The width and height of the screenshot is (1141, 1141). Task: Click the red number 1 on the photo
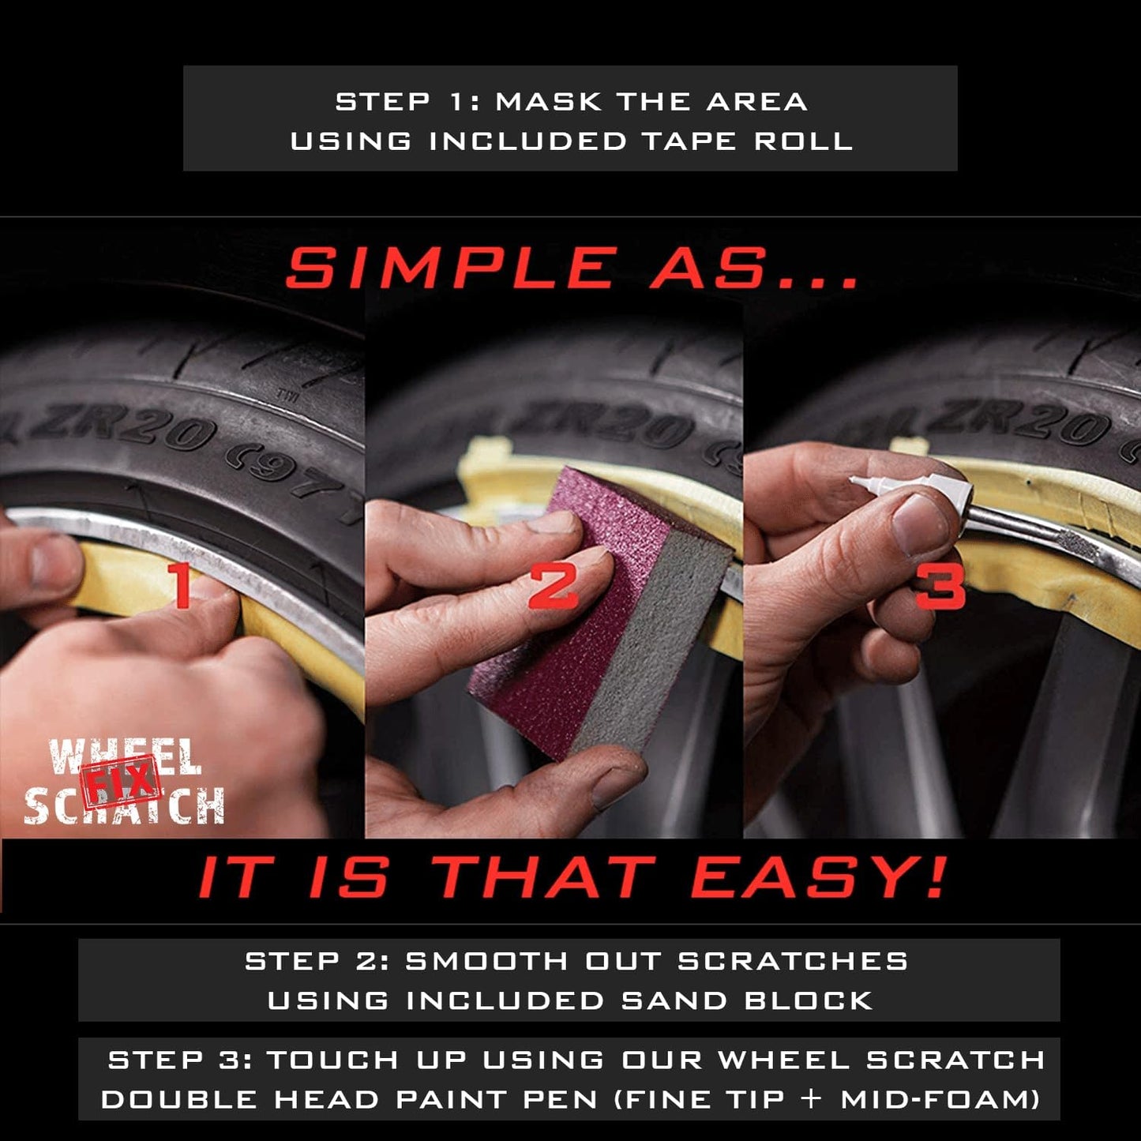click(182, 585)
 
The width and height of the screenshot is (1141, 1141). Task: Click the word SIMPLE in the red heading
click(451, 268)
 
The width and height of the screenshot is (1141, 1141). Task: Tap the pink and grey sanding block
click(600, 616)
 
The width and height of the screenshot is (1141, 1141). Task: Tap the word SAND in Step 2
click(674, 1000)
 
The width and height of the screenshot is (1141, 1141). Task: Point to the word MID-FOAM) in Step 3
click(940, 1099)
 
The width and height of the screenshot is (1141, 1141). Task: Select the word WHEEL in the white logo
click(124, 756)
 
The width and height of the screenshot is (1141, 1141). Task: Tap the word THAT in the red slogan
click(545, 877)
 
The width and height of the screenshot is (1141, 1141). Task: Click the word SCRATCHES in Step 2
click(793, 961)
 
